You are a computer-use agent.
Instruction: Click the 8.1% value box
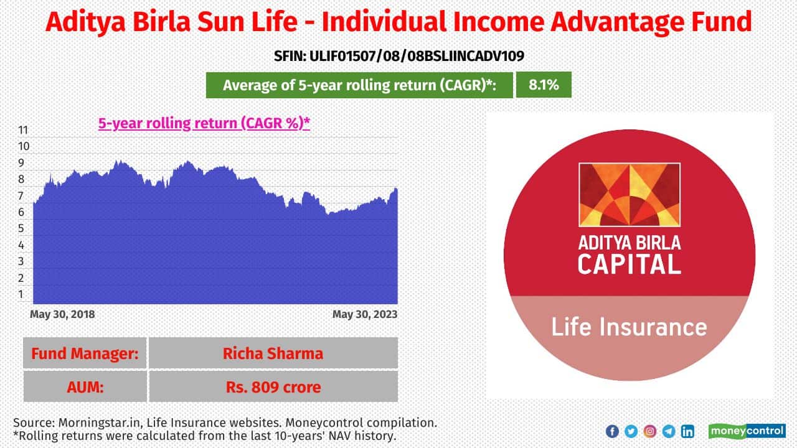pos(544,85)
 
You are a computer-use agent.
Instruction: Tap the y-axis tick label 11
pos(23,130)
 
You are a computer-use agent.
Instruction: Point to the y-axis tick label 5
pos(21,228)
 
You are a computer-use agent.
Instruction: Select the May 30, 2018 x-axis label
pos(62,314)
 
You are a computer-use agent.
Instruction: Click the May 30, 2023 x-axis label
pos(365,314)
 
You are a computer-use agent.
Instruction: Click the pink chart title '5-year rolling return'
pos(204,123)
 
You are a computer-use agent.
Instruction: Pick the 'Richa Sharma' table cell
pos(273,353)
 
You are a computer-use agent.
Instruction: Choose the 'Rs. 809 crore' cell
pos(273,387)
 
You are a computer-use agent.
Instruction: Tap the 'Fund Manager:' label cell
pos(85,353)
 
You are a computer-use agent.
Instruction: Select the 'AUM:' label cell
pos(85,387)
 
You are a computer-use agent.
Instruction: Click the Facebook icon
pos(612,431)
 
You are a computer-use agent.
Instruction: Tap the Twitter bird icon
pos(631,431)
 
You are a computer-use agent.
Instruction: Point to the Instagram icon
pos(649,431)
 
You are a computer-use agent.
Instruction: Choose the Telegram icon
pos(669,431)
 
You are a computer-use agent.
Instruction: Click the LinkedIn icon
pos(687,431)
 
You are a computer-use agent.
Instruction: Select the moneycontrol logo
pos(747,431)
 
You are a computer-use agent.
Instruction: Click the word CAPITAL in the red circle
pos(629,264)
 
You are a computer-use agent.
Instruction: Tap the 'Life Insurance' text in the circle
pos(629,327)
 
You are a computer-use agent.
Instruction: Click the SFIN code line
pos(399,56)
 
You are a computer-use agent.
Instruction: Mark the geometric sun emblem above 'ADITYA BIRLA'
pos(630,195)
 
